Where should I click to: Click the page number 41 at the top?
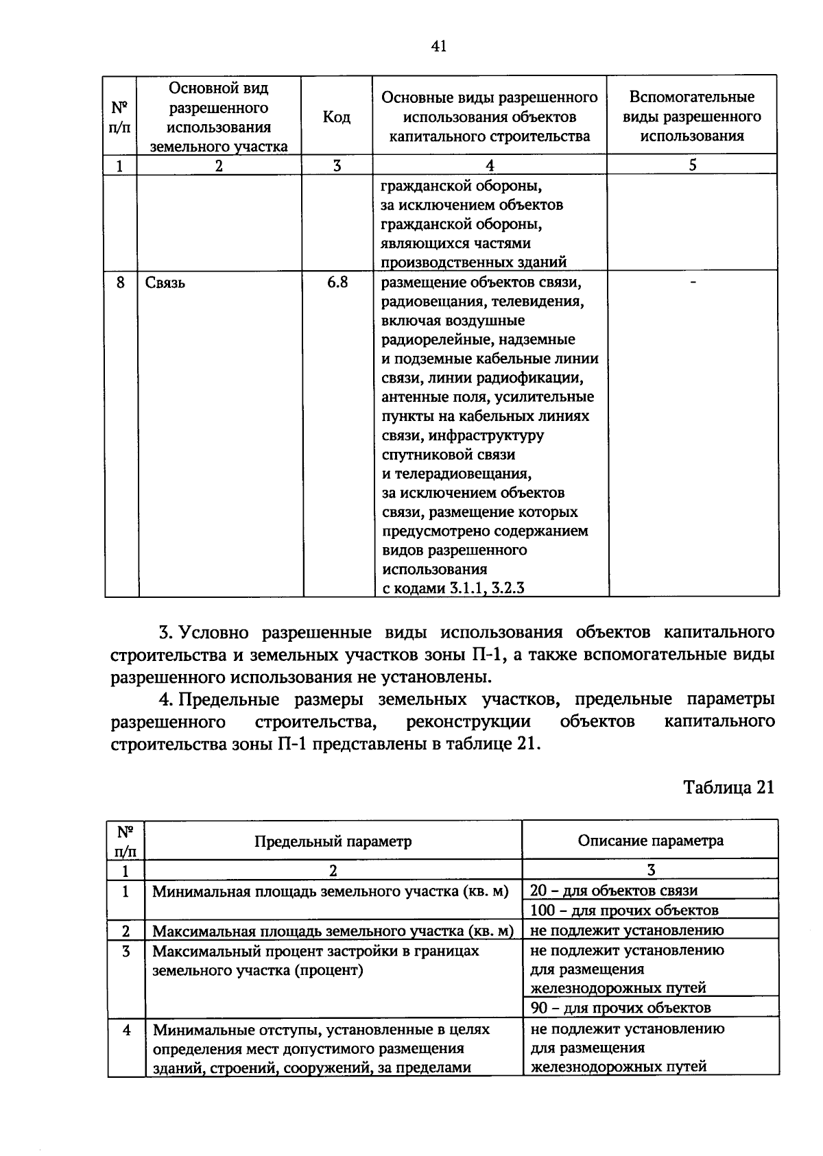click(439, 47)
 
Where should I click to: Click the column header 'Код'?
click(337, 117)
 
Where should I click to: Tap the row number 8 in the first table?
click(121, 282)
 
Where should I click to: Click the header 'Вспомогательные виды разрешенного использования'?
click(692, 117)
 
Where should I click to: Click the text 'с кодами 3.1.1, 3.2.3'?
click(453, 588)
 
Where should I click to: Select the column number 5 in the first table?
click(693, 165)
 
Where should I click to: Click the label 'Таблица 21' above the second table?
click(728, 787)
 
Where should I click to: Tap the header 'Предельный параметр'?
click(333, 841)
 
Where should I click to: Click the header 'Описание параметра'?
click(650, 841)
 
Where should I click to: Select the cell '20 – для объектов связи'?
click(614, 891)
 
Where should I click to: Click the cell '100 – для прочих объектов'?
click(624, 911)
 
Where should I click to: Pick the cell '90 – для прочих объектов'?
click(621, 1008)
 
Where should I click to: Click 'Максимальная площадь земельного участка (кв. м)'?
click(333, 931)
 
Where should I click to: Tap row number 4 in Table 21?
click(126, 1029)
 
